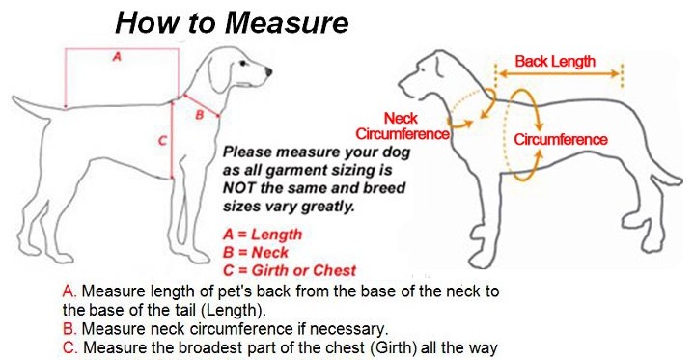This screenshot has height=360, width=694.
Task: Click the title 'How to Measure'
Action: (232, 22)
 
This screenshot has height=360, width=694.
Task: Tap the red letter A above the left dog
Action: (117, 56)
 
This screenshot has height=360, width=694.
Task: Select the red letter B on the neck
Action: (200, 115)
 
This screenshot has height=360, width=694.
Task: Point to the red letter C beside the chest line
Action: (162, 141)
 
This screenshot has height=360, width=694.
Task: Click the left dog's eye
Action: (243, 64)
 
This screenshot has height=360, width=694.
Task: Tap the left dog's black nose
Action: (268, 71)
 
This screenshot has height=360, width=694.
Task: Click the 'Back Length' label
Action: (555, 61)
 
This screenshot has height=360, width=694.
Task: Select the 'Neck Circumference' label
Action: (403, 125)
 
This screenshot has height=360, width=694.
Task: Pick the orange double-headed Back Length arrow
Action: (559, 74)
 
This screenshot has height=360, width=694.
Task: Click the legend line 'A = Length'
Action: (263, 235)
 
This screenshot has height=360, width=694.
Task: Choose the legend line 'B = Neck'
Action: (256, 253)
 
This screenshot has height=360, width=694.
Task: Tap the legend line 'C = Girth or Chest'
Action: (290, 270)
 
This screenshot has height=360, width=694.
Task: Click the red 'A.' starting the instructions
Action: (69, 291)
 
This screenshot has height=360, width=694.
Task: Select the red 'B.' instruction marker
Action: (69, 329)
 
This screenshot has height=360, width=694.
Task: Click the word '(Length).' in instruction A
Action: (234, 310)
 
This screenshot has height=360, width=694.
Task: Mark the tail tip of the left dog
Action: (15, 98)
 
